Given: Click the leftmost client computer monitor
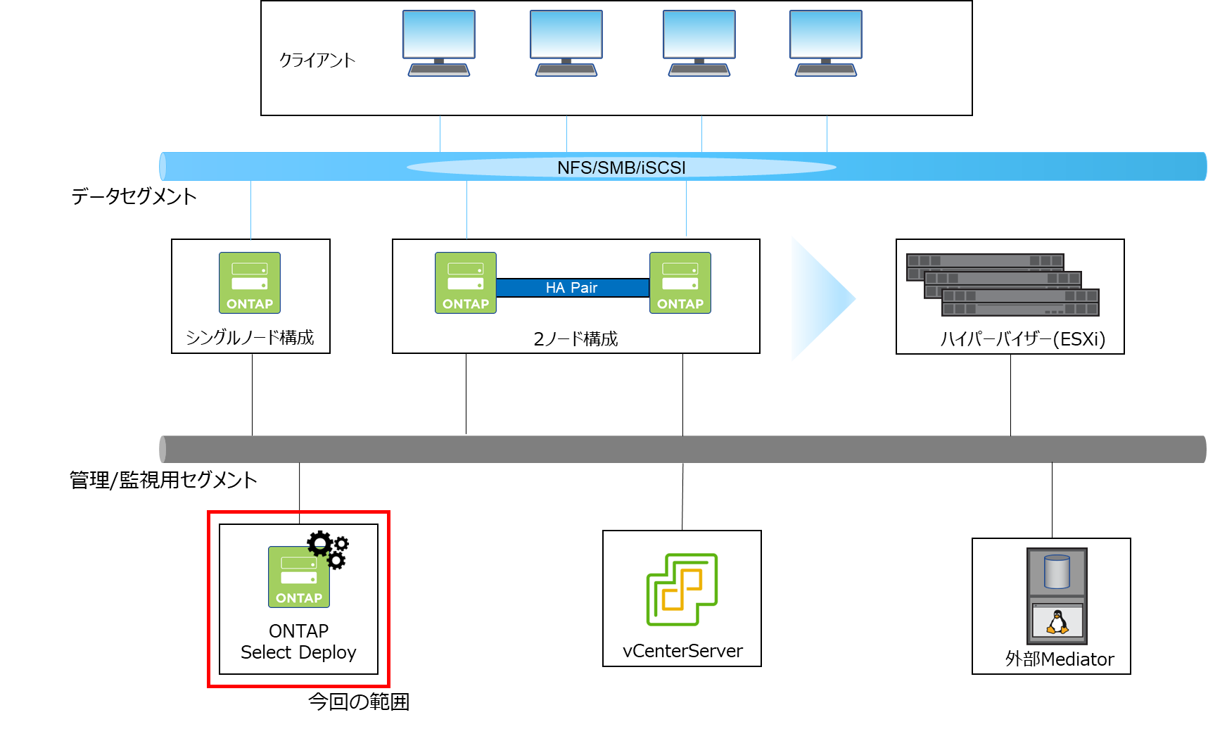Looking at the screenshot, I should coord(438,34).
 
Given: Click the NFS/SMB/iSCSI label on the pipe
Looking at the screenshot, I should coord(621,167).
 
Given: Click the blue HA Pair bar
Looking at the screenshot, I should coord(572,288).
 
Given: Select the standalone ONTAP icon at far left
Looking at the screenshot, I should coord(250,283).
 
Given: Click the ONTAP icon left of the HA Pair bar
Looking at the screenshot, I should coord(465,283).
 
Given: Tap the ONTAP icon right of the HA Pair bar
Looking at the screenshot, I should coord(680,283).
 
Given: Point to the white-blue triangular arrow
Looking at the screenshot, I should coord(816,299).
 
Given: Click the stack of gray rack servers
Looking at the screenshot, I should coord(1003,285).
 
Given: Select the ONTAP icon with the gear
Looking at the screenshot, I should coord(298,578).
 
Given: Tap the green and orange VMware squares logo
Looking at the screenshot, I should coord(682,590).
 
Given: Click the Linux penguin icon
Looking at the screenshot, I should coord(1057,622).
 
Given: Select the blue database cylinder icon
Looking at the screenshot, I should coord(1057,571).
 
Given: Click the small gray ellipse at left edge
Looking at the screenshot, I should coord(163,450).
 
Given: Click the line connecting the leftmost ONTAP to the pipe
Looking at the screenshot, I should coord(250,210).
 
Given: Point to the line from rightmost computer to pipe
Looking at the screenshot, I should coord(827,134).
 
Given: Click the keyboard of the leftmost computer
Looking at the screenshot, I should coord(438,70).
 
